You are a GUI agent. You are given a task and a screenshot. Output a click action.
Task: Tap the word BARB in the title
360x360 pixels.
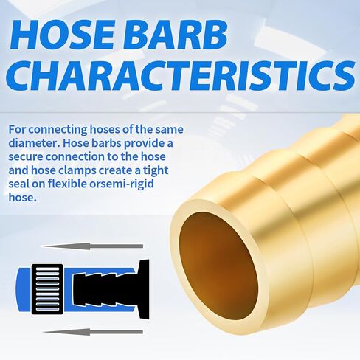[x=175, y=35]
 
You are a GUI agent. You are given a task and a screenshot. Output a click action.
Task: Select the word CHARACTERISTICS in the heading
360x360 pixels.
[x=181, y=75]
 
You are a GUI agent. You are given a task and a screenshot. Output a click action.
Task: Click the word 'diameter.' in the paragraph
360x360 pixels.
[x=34, y=143]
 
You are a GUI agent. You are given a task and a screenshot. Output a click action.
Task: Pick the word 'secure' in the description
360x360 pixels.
[x=26, y=157]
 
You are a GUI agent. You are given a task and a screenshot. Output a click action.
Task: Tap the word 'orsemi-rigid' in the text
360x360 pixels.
[x=122, y=184]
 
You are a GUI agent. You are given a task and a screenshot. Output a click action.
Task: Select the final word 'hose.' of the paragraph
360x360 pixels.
[x=23, y=197]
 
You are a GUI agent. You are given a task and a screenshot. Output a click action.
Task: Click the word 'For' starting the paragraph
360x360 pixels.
[x=17, y=129]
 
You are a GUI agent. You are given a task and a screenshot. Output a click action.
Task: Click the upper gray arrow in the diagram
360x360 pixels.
[x=92, y=246]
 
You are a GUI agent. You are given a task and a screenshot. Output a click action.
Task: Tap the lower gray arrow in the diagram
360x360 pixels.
[x=92, y=332]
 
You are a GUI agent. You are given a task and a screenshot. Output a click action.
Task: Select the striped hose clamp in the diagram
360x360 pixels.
[x=47, y=289]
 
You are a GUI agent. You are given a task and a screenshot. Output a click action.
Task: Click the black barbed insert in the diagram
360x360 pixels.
[x=105, y=288]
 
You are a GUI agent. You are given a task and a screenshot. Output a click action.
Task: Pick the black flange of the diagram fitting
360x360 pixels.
[x=143, y=289]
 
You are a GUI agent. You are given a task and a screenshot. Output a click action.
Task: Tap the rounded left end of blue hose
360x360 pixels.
[x=24, y=289]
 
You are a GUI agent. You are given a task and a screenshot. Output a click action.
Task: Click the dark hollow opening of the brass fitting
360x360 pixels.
[x=218, y=266]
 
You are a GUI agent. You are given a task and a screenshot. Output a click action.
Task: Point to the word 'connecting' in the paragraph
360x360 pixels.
[x=58, y=129]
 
